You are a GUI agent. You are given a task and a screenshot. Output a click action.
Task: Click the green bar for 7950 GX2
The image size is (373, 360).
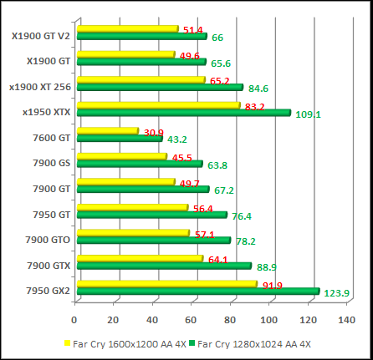[x=197, y=292]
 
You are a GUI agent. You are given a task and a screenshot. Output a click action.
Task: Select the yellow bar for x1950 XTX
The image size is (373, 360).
[x=156, y=105]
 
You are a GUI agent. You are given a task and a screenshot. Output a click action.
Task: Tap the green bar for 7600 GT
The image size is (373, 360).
[x=118, y=139]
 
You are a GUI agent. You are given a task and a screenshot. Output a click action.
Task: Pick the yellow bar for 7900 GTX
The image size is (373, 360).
[x=139, y=259]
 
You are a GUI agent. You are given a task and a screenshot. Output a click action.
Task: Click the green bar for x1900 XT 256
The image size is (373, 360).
[x=158, y=87]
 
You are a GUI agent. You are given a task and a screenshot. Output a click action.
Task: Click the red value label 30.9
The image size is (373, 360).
[x=153, y=133]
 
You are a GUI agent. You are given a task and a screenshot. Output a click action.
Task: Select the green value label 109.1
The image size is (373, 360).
[x=308, y=114]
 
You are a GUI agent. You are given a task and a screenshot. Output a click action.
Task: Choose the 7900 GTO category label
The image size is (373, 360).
[x=49, y=240]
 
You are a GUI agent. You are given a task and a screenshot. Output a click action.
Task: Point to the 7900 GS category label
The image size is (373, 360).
[x=52, y=164]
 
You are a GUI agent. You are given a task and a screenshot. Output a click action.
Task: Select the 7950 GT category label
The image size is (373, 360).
[x=52, y=215]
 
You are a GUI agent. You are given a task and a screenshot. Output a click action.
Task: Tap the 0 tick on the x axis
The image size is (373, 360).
[x=75, y=320]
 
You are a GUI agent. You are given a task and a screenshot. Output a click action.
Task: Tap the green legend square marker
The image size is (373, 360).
[x=192, y=343]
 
